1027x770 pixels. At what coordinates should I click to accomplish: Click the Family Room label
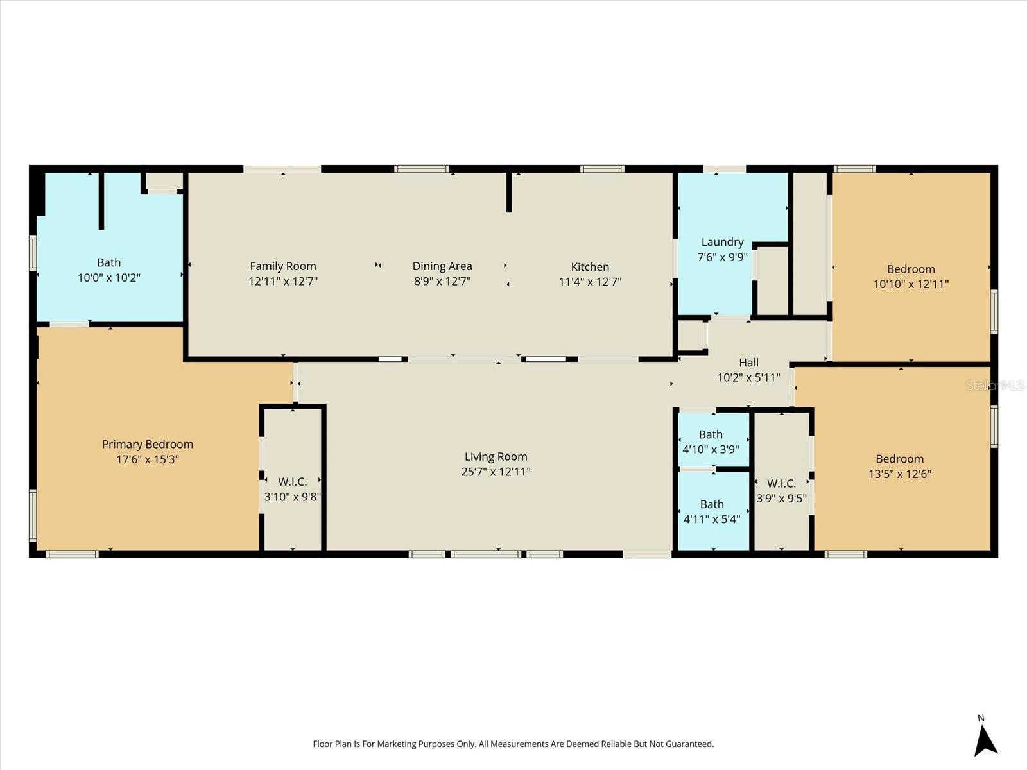tap(283, 266)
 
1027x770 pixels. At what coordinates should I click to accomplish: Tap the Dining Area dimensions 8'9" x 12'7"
tap(442, 282)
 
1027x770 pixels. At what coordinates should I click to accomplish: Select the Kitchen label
tap(590, 267)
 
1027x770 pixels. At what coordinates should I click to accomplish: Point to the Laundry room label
tap(722, 242)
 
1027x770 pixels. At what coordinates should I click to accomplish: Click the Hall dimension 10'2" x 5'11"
tap(748, 378)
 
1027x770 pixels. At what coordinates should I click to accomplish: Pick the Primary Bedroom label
tap(148, 444)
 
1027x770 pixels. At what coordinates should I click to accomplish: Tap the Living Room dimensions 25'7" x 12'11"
tap(496, 472)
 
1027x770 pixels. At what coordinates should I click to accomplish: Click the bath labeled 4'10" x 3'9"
tap(711, 449)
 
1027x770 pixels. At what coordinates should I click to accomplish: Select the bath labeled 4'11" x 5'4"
tap(712, 519)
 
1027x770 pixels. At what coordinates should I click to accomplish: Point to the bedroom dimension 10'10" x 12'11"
tap(911, 284)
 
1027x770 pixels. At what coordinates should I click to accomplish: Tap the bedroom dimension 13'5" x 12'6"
tap(899, 474)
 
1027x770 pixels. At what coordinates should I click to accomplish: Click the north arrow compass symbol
tap(985, 740)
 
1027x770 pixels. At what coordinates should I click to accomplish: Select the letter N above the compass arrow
tap(981, 718)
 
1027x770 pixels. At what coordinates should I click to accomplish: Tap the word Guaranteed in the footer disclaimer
tap(688, 744)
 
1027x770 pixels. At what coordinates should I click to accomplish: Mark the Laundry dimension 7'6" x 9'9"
tap(722, 257)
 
